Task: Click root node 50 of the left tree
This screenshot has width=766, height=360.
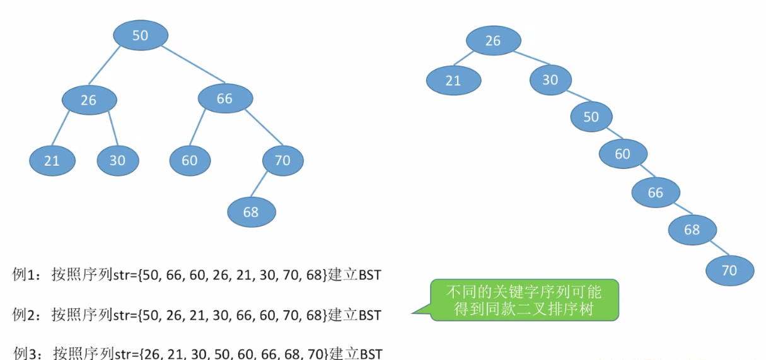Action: coord(141,35)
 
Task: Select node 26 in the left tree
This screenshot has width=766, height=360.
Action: coord(89,100)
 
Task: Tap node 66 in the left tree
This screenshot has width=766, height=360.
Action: coord(225,98)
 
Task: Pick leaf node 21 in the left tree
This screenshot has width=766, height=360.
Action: coord(52,160)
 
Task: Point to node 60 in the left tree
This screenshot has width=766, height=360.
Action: coord(190,160)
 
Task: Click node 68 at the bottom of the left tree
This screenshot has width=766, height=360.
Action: coord(251,212)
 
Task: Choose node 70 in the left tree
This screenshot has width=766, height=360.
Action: coord(282,160)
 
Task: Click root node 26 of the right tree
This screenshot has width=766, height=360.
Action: coord(493,41)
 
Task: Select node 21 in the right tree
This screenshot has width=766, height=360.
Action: coord(453,81)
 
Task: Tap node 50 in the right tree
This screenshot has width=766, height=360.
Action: coord(591,117)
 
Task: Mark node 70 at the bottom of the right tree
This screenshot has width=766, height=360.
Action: coord(729,270)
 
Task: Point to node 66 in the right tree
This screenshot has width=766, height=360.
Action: coord(656,192)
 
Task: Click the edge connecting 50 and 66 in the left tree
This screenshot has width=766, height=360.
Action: coord(192,64)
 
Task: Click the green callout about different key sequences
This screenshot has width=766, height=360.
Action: coord(524,301)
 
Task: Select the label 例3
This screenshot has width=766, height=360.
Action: coord(27,352)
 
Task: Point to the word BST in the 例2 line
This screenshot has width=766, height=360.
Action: coord(368,314)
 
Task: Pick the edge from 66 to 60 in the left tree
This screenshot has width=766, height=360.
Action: coord(197,129)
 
